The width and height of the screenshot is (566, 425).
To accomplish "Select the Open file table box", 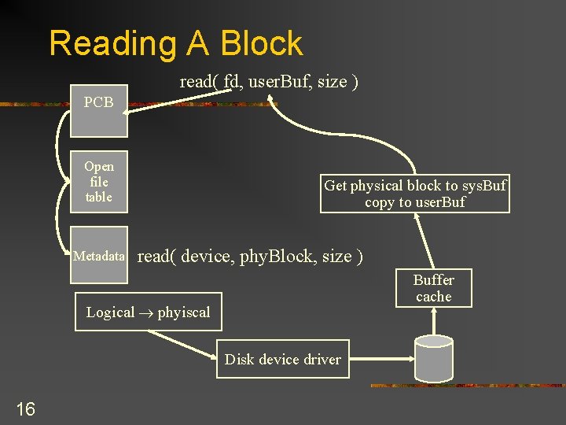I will coord(99,182).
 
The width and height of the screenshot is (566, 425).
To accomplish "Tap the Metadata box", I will coord(99,256).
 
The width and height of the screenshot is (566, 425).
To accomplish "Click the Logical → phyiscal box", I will coord(149,312).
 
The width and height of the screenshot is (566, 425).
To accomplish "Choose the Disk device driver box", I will coord(283,360).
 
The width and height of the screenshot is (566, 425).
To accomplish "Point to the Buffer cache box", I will coord(434,288).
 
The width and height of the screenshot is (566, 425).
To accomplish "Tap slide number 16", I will coord(25,408).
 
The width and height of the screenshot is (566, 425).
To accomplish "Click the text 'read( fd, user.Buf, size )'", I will coord(269,81).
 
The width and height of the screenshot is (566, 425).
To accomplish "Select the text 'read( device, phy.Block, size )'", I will coord(250,257).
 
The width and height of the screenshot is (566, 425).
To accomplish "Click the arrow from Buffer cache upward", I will coord(424,240).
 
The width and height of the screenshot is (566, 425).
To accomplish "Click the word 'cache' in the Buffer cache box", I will coord(434,297).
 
